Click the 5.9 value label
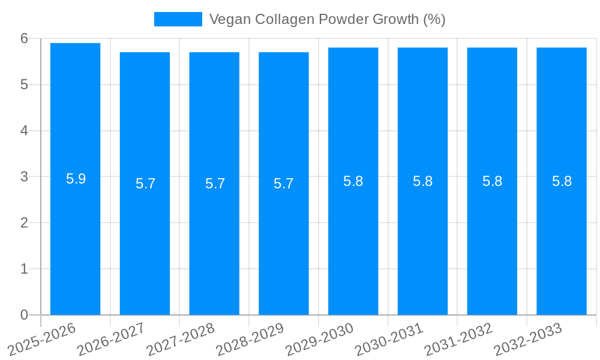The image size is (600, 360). (76, 179)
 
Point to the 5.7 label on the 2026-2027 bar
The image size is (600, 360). (145, 184)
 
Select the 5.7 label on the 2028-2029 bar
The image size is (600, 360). (283, 184)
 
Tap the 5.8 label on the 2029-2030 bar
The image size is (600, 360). (353, 181)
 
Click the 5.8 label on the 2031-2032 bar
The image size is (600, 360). (492, 181)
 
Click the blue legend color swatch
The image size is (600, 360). (178, 19)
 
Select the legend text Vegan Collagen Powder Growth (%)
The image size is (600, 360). (327, 19)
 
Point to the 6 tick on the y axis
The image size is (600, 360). (24, 38)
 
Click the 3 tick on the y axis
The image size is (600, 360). (24, 177)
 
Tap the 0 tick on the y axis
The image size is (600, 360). (24, 315)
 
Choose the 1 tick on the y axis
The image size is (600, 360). (24, 269)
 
